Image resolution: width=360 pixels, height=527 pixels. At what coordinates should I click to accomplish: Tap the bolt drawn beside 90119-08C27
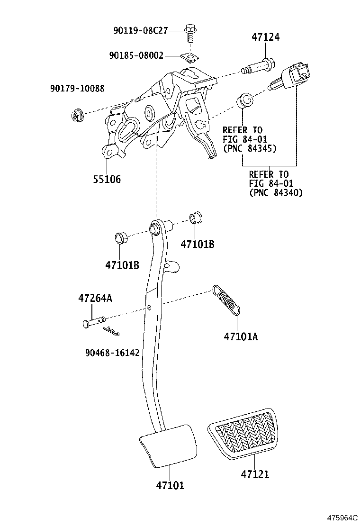(x=190, y=32)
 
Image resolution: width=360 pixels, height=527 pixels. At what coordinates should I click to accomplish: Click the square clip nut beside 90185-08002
(x=190, y=57)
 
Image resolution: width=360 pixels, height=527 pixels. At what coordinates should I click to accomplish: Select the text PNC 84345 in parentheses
(x=249, y=148)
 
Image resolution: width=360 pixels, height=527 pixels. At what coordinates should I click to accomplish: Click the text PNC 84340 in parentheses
(x=276, y=192)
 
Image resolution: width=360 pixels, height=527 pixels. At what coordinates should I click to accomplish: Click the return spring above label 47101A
(x=227, y=300)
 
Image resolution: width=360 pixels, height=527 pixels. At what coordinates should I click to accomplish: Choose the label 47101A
(x=241, y=336)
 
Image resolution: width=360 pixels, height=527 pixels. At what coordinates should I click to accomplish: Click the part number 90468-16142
(x=112, y=353)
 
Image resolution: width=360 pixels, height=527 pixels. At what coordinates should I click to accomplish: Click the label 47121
(x=254, y=474)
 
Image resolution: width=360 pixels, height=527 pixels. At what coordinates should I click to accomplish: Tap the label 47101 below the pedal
(x=170, y=485)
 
